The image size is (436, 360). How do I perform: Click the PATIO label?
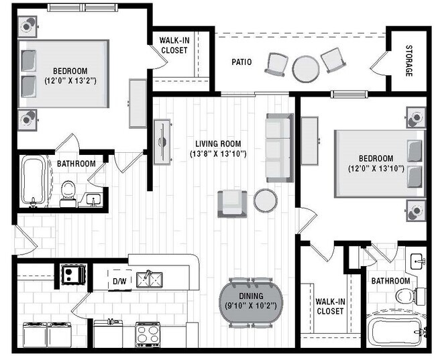[241, 62]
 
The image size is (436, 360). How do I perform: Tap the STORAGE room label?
[408, 61]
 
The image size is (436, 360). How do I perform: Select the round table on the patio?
[305, 68]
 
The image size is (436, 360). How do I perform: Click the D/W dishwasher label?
[120, 281]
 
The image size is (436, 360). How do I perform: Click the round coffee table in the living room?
[266, 200]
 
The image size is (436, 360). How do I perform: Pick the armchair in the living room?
[231, 203]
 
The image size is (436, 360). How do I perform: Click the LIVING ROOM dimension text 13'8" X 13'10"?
[218, 154]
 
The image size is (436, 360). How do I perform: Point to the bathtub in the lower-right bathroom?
[396, 331]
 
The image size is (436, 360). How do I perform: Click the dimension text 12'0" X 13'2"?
[70, 81]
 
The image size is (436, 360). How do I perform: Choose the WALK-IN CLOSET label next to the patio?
[173, 46]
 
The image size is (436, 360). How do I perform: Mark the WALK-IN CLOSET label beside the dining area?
[329, 306]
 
